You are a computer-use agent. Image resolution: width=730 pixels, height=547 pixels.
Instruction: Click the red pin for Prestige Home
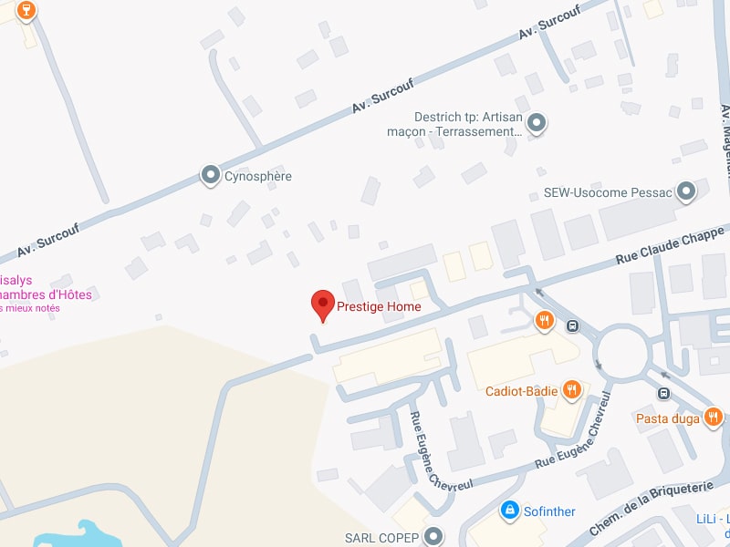(323, 304)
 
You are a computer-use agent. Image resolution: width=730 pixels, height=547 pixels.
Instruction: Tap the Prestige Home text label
(379, 307)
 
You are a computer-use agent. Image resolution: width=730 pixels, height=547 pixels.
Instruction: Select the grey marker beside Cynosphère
(211, 174)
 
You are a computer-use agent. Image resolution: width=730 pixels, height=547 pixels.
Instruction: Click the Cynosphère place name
(258, 176)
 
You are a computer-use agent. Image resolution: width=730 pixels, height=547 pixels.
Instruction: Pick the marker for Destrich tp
(537, 122)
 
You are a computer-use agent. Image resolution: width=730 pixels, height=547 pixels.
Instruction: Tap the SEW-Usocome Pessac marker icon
(686, 191)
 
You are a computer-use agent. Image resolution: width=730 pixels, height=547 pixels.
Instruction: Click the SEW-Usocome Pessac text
(607, 193)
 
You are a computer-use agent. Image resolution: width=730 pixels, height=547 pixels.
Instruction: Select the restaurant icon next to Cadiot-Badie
(572, 390)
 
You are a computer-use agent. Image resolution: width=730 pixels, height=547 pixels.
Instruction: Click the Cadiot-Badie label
(521, 391)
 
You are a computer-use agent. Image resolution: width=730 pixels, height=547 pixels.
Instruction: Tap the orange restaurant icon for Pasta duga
(714, 418)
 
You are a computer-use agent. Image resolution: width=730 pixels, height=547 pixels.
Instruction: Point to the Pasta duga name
(668, 418)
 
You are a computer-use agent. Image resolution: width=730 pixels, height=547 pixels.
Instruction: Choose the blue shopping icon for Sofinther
(510, 510)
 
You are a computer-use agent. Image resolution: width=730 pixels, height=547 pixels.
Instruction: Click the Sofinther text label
(549, 511)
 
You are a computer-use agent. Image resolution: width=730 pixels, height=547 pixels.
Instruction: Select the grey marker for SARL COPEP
(433, 536)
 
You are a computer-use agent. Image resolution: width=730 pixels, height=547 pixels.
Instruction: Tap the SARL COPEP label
(381, 538)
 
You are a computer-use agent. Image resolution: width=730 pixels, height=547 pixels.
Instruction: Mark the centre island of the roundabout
(626, 348)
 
